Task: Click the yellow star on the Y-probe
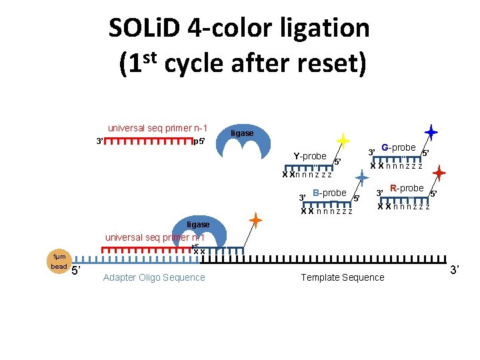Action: [x=343, y=141]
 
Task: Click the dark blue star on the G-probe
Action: [x=431, y=133]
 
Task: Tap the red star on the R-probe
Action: [x=439, y=174]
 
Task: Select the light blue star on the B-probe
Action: [x=361, y=177]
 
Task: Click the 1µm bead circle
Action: [x=59, y=262]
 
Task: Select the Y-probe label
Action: [x=310, y=157]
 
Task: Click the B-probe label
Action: [x=329, y=193]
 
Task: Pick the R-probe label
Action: [x=407, y=189]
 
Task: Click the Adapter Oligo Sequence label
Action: [x=154, y=277]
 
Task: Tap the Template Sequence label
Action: [x=343, y=277]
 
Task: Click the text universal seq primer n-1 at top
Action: [x=157, y=128]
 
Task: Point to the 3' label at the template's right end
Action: [x=455, y=270]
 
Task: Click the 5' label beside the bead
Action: [x=77, y=271]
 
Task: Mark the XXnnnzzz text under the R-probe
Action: [x=403, y=206]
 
